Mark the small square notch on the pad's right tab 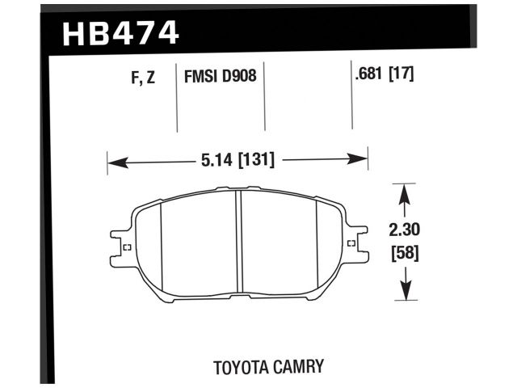[x=350, y=244]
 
